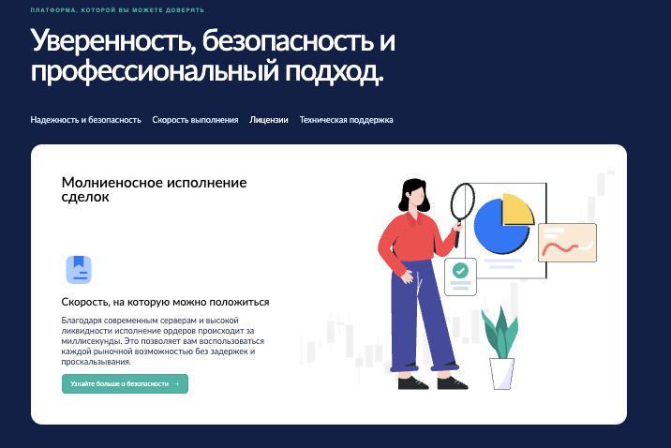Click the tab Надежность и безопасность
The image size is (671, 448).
pyautogui.click(x=85, y=120)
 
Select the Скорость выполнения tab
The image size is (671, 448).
pyautogui.click(x=195, y=120)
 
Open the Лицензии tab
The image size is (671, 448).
pyautogui.click(x=269, y=120)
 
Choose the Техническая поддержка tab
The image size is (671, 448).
pyautogui.click(x=346, y=120)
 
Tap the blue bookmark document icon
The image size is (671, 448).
pyautogui.click(x=79, y=269)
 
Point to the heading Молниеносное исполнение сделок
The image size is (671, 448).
pyautogui.click(x=154, y=189)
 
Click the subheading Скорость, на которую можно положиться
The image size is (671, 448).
pyautogui.click(x=165, y=303)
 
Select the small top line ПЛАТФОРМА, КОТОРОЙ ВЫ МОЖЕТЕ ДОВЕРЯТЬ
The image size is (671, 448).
pyautogui.click(x=117, y=10)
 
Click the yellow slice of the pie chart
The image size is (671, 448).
pyautogui.click(x=517, y=208)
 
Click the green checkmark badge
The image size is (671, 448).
pyautogui.click(x=460, y=270)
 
